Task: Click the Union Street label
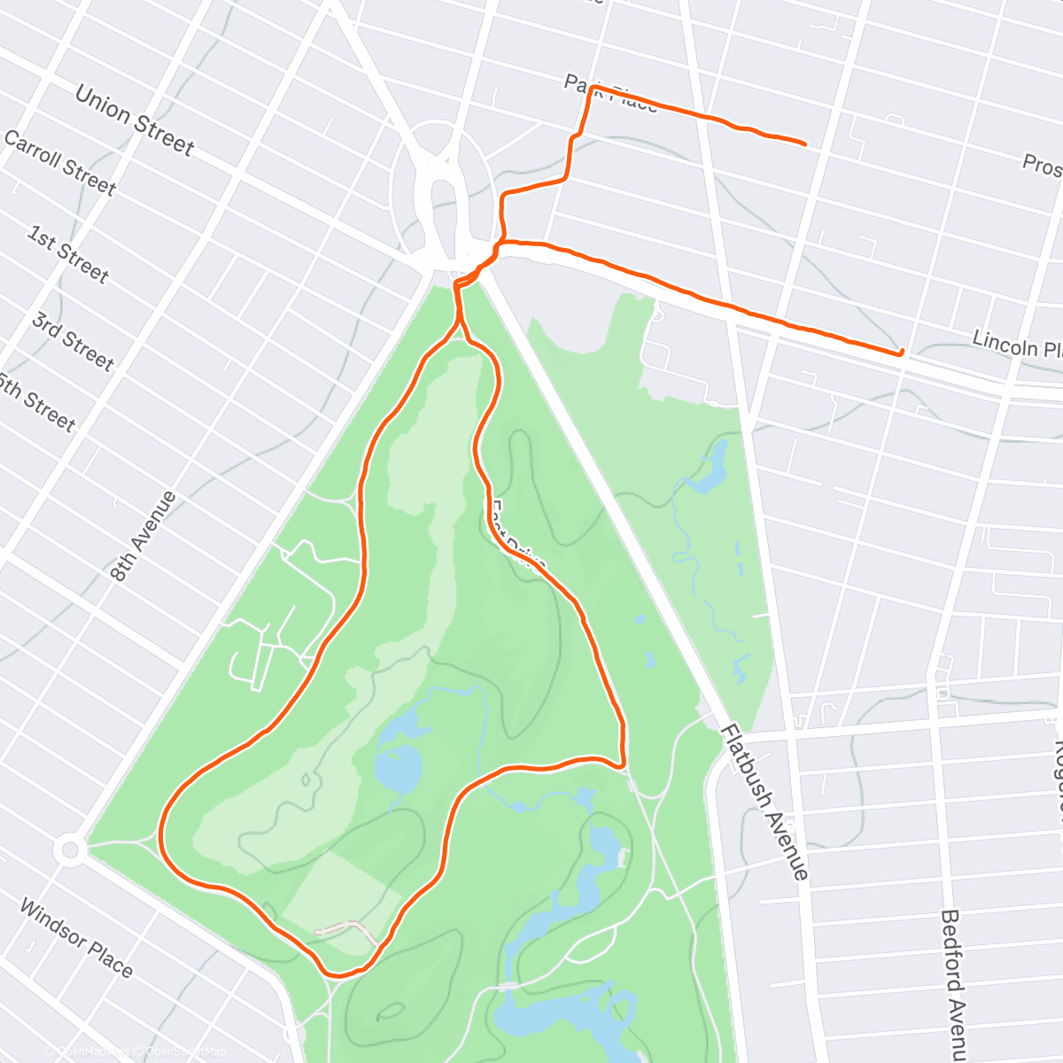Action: pyautogui.click(x=134, y=120)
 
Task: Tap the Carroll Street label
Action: pyautogui.click(x=60, y=162)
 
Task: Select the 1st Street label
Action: pyautogui.click(x=68, y=254)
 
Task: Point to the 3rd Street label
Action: pyautogui.click(x=73, y=340)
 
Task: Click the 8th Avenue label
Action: pyautogui.click(x=144, y=536)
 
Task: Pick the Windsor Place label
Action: pyautogui.click(x=76, y=938)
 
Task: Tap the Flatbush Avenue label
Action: pyautogui.click(x=764, y=802)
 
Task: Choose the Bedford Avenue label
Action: pyautogui.click(x=953, y=983)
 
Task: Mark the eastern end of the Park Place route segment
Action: pyautogui.click(x=804, y=144)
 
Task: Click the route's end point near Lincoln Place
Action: pyautogui.click(x=901, y=353)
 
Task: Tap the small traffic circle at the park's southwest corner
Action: pyautogui.click(x=70, y=851)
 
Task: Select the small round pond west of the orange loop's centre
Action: pyautogui.click(x=398, y=766)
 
